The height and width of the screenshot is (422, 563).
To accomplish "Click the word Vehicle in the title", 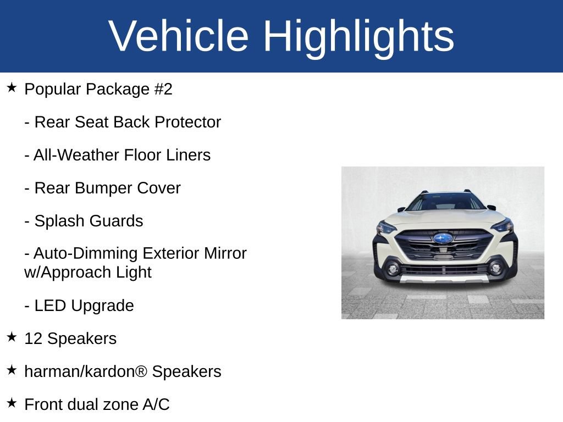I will [x=179, y=36].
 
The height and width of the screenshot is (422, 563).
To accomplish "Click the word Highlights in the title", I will [x=358, y=36].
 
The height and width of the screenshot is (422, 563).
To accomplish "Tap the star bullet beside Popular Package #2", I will [x=12, y=87].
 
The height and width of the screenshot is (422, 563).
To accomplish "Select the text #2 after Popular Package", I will [x=163, y=89].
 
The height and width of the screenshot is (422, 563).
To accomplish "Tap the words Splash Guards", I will [x=89, y=221].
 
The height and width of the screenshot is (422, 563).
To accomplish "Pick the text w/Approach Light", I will [x=88, y=272].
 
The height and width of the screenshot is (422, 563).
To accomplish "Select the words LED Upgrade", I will [x=84, y=306].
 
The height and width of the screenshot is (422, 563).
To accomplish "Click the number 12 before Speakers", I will [x=33, y=338].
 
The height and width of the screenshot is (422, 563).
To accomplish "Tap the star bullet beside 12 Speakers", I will [x=12, y=337].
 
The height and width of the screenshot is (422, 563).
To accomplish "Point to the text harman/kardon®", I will [x=86, y=371].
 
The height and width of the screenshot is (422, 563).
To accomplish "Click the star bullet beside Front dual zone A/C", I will [x=12, y=403].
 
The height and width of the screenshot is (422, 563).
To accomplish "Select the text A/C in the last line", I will [x=156, y=404].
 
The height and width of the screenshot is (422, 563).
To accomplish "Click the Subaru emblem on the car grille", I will [x=443, y=238].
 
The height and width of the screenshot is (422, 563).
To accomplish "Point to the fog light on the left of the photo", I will [x=393, y=269].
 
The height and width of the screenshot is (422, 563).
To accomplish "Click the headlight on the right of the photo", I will [x=502, y=225].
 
